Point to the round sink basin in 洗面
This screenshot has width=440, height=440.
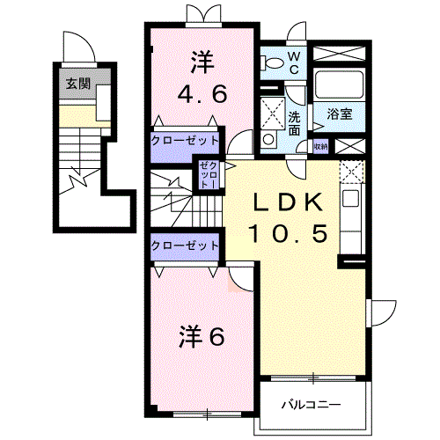[268, 139]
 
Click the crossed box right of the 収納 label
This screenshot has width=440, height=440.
[347, 146]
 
